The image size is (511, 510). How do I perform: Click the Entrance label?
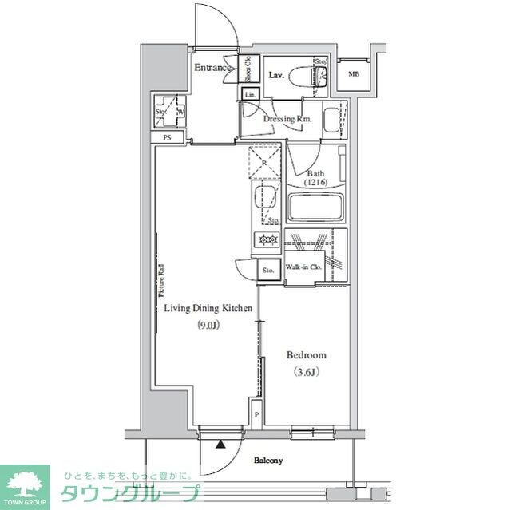[213, 68]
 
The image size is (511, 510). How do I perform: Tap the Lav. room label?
[277, 75]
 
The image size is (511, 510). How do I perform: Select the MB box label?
[353, 75]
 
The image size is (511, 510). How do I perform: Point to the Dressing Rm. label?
[287, 120]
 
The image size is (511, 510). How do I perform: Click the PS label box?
[167, 137]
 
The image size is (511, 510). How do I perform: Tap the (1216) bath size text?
[315, 183]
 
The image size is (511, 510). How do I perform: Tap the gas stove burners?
[266, 239]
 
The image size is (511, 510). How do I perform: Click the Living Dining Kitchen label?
[208, 308]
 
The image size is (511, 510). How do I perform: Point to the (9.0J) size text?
[209, 325]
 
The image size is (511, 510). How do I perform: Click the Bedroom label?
[307, 355]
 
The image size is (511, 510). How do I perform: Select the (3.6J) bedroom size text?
[307, 372]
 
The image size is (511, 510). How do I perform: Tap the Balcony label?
[269, 461]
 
